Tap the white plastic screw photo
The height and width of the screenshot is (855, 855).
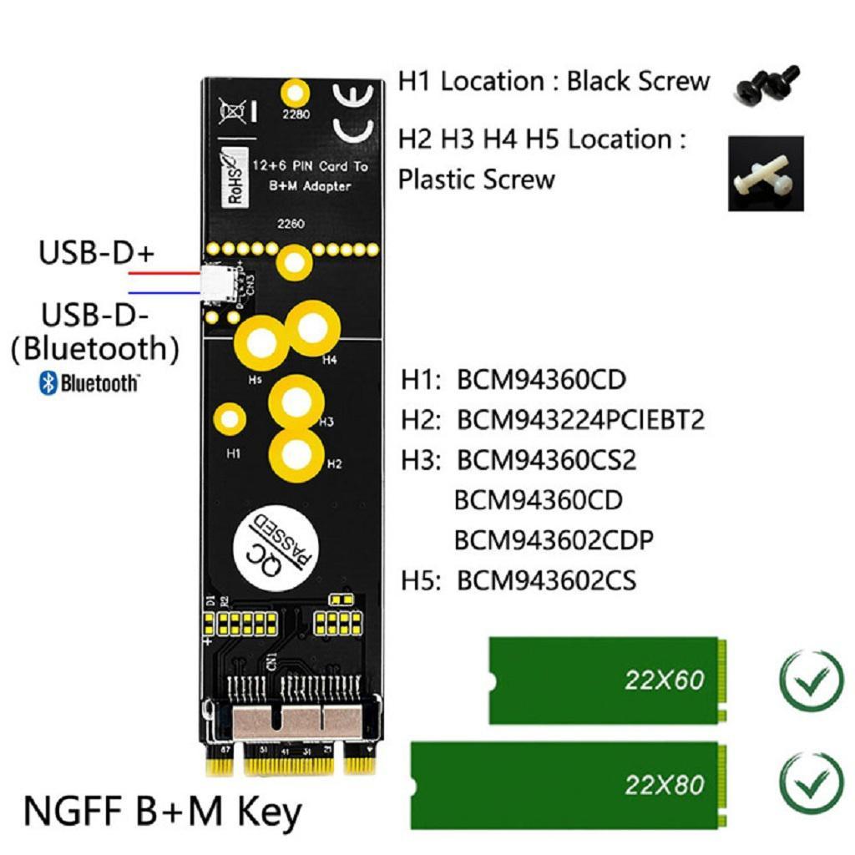coord(765,174)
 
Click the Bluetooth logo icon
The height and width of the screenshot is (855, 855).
coord(48,383)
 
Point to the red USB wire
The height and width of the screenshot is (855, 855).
coord(164,273)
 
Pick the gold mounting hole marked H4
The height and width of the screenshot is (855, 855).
coord(312,331)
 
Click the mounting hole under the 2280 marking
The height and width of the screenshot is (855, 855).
coord(295,91)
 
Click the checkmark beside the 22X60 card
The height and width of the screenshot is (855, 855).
coord(811,680)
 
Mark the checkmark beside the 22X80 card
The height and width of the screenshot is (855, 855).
coord(811,784)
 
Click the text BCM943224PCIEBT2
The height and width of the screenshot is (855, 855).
coord(580,419)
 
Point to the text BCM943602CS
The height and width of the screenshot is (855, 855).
coord(546,580)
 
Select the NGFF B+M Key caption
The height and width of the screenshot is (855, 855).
coord(163,811)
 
